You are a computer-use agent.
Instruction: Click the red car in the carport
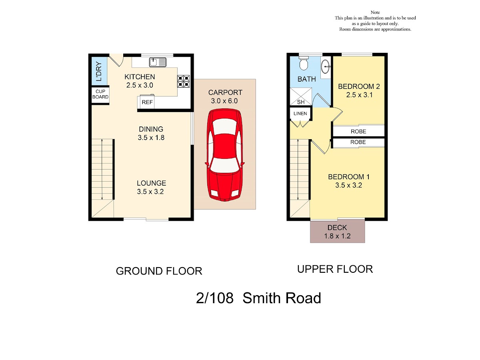pos(225,155)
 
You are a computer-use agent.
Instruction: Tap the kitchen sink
pos(158,62)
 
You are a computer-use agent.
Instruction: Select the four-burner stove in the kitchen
pos(184,81)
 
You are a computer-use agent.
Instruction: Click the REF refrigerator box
pos(147,102)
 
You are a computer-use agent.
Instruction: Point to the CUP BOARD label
pos(100,94)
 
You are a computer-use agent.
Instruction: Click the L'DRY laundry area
pos(99,71)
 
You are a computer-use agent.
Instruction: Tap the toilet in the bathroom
pos(304,63)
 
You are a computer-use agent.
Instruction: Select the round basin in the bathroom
pos(326,66)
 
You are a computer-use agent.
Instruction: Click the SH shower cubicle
pos(301,96)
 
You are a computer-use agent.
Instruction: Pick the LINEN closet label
pos(300,114)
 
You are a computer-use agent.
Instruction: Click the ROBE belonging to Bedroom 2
pos(358,131)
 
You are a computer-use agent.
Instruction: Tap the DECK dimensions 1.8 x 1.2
pos(337,236)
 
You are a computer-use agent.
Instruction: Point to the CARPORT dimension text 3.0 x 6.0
pos(224,101)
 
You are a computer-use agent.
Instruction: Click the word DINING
pos(151,129)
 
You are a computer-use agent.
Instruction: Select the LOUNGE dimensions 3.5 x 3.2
pos(150,192)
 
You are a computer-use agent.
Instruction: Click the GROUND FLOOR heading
pos(159,271)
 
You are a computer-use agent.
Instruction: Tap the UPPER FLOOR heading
pos(335,269)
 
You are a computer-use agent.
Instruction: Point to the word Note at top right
pos(375,12)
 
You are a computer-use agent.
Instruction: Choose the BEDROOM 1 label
pos(349,177)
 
